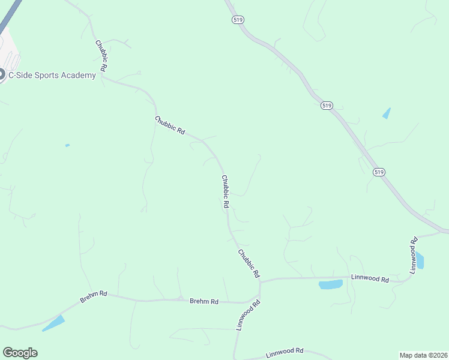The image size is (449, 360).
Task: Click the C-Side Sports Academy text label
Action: [x=52, y=75]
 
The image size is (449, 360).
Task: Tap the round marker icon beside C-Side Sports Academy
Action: [x=2, y=75]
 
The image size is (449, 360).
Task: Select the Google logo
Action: [x=20, y=353]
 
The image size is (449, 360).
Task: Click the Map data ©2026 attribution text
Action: [x=423, y=355]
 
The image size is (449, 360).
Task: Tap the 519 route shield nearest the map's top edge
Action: [x=238, y=20]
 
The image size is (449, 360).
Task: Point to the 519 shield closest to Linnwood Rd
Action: [x=379, y=172]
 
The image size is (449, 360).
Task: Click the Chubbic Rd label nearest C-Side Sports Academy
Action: [x=100, y=57]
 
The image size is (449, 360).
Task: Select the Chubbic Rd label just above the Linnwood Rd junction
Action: [x=249, y=263]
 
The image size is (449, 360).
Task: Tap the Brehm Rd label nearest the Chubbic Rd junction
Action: [x=204, y=301]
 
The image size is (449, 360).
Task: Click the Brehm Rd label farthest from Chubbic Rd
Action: [x=94, y=296]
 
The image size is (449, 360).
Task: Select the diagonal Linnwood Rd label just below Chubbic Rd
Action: [x=249, y=316]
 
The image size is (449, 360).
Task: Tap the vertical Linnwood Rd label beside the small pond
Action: [x=414, y=256]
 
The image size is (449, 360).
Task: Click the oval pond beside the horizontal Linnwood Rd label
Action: [x=330, y=284]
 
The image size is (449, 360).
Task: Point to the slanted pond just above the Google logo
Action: [x=53, y=323]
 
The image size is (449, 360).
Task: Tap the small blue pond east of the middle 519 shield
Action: [x=386, y=113]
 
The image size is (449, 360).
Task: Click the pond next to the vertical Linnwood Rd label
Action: [x=420, y=261]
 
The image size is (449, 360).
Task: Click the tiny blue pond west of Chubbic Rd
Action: [x=67, y=145]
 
